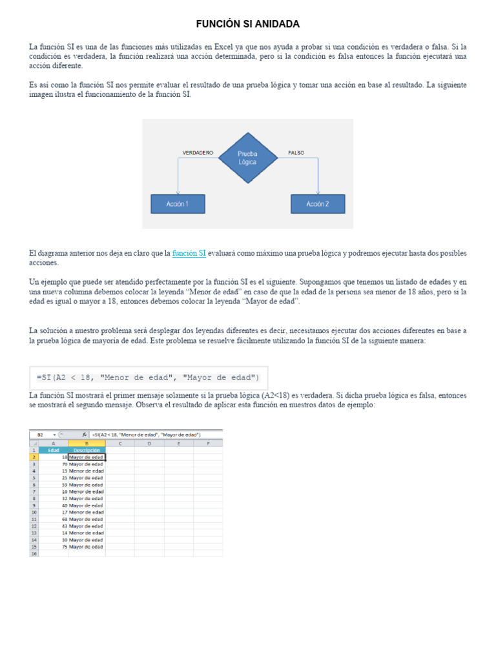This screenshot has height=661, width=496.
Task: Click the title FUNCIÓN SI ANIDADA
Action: [248, 24]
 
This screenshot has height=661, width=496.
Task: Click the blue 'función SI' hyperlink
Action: [189, 254]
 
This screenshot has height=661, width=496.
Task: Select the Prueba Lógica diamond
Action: [247, 158]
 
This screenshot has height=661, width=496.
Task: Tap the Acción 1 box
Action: [178, 204]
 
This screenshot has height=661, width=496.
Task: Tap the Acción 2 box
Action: [318, 204]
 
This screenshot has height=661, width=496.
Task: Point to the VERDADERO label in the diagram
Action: [198, 153]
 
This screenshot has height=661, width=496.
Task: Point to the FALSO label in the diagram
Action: [296, 153]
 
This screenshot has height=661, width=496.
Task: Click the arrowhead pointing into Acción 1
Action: [178, 192]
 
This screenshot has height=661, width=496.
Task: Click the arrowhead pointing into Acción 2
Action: [318, 192]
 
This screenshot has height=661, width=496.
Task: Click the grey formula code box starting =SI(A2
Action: [149, 378]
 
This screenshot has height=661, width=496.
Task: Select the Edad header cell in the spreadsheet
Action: [53, 450]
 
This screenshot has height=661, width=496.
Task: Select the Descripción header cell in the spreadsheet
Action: [87, 450]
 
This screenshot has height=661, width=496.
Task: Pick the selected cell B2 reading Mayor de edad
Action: [87, 457]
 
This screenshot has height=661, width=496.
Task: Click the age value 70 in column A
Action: [64, 464]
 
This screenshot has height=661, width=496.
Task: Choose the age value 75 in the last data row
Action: [64, 547]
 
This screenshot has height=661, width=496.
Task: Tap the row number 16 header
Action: [34, 554]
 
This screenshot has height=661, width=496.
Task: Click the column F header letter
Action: [208, 443]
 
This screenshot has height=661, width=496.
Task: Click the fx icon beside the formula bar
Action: [85, 435]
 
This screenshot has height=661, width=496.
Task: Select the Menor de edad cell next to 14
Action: [87, 533]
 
